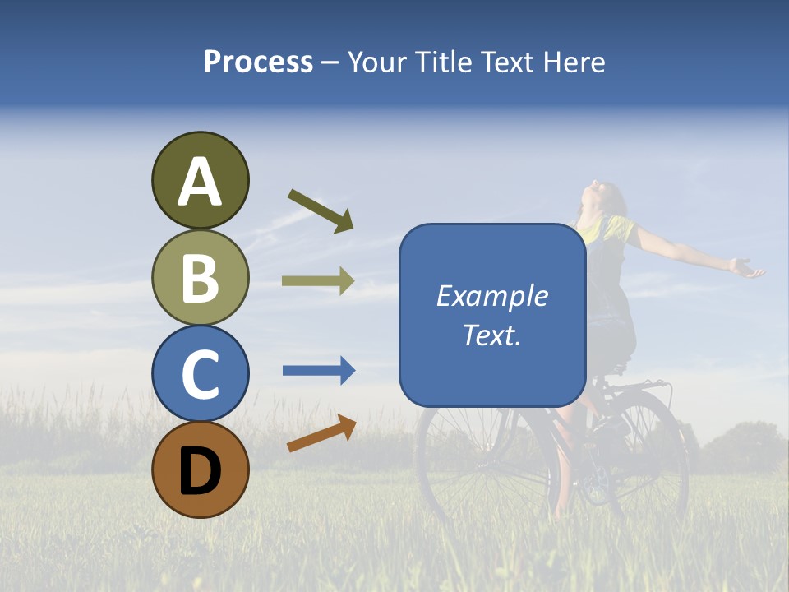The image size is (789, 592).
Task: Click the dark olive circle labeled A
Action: pos(200,180)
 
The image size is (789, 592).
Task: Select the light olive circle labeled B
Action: pos(200,277)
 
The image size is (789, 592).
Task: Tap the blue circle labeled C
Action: pos(200,373)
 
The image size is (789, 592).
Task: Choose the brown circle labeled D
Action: pos(200,469)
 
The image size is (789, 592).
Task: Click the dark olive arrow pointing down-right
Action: pos(321,210)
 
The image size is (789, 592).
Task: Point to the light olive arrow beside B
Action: pos(318,281)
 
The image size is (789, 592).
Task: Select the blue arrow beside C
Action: pos(318,371)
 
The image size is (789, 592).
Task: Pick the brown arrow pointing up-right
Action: pos(321,433)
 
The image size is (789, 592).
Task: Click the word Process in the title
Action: pos(258,62)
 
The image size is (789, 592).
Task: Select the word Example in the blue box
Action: pos(492,296)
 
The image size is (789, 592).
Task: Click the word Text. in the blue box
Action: pos(492,335)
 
